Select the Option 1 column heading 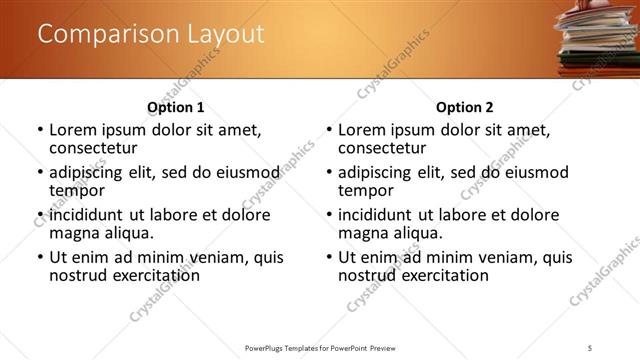pyautogui.click(x=175, y=107)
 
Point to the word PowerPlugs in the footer pyautogui.click(x=267, y=348)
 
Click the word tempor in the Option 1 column pyautogui.click(x=76, y=190)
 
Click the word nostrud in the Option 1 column pyautogui.click(x=77, y=275)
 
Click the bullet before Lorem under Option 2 pyautogui.click(x=329, y=130)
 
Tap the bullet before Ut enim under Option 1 pyautogui.click(x=40, y=257)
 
